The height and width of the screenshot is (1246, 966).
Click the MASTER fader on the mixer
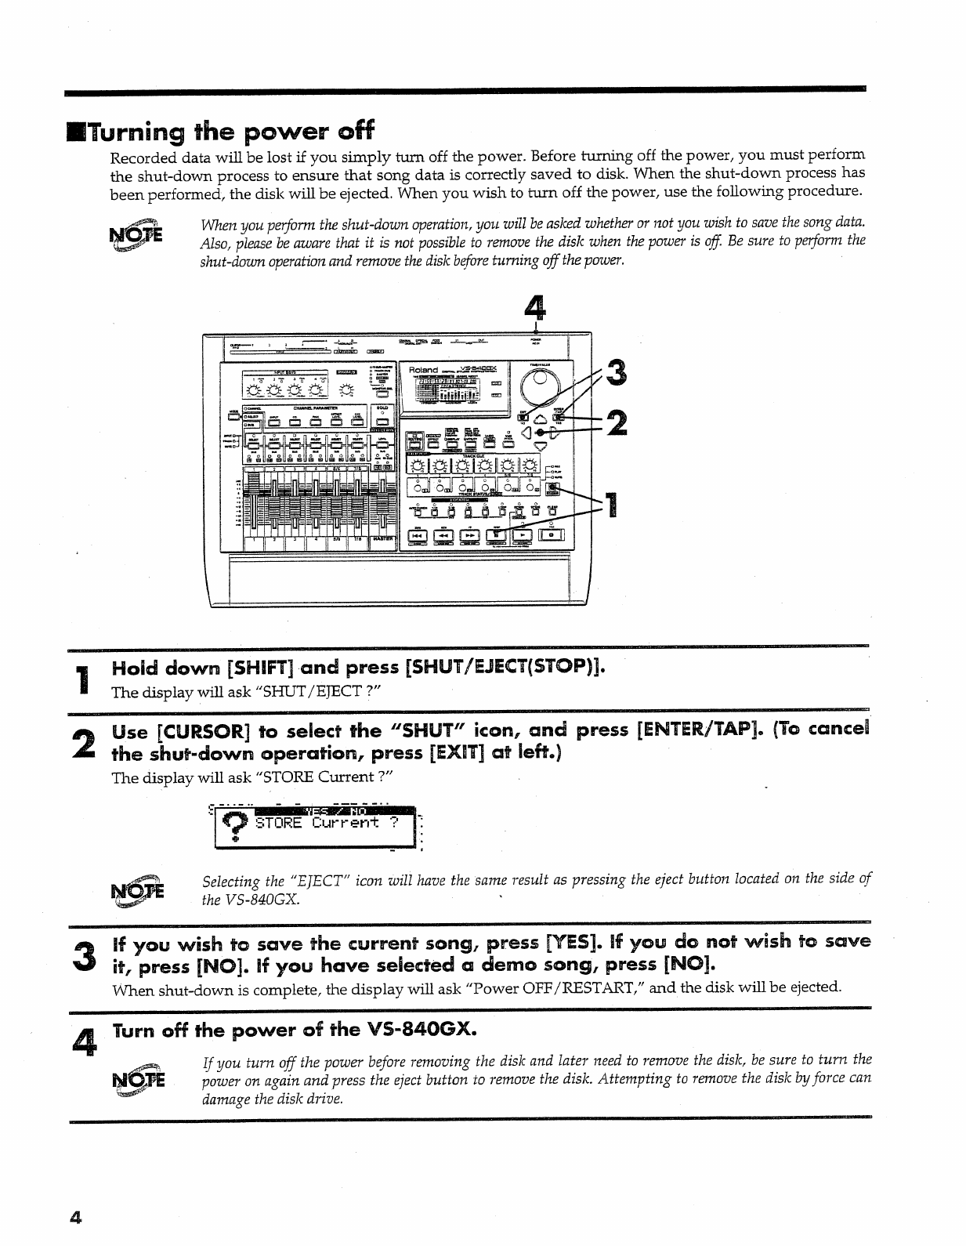[383, 509]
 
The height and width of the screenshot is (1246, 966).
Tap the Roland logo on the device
[423, 368]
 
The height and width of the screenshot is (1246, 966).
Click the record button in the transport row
[552, 534]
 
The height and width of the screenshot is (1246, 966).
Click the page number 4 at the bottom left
[75, 1217]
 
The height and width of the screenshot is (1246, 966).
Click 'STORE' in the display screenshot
[278, 823]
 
